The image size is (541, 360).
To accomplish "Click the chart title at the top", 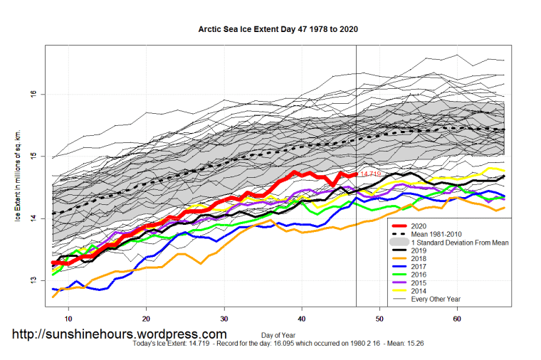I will point(278,30).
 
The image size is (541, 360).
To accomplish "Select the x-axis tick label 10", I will point(68,320).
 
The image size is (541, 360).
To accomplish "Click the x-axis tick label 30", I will point(224,320).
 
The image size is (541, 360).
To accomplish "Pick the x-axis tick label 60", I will point(457,320).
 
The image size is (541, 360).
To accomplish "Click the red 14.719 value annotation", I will point(370,174).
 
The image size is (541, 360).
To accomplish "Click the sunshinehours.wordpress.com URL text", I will point(119,334).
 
